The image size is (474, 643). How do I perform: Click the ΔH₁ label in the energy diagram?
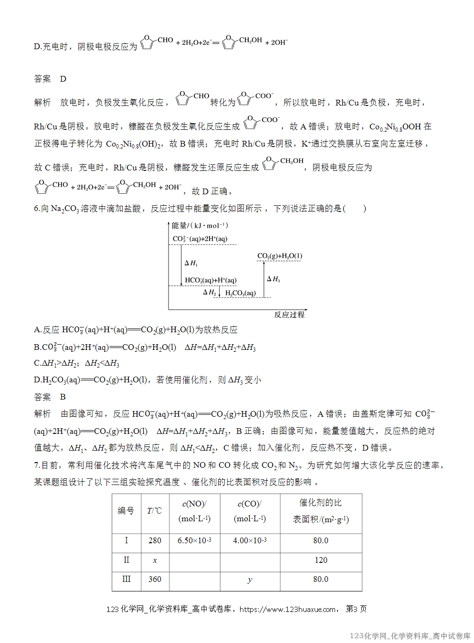[191, 263]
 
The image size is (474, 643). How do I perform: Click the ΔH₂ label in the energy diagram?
[209, 292]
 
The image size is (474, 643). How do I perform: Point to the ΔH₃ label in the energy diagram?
[274, 279]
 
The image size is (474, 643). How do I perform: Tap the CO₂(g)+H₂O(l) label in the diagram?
[280, 256]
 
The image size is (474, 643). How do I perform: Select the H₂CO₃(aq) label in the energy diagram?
[241, 293]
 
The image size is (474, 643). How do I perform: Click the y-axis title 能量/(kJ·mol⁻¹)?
[200, 225]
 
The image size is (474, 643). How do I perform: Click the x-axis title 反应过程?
[289, 315]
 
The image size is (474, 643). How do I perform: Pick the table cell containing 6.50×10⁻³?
[194, 540]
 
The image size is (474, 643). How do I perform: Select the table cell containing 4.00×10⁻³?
[250, 540]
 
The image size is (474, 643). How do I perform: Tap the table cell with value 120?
[321, 560]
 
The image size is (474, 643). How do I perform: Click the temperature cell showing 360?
[155, 579]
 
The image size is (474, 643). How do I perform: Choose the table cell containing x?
[155, 560]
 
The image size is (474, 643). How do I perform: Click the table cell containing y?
[250, 580]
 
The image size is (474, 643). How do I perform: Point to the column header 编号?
[126, 511]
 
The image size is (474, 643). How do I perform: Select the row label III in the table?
[126, 579]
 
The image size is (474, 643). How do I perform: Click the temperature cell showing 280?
[155, 540]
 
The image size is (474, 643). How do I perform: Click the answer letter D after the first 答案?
[63, 79]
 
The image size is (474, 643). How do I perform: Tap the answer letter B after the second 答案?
[63, 397]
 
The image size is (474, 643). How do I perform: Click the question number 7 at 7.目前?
[36, 465]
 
